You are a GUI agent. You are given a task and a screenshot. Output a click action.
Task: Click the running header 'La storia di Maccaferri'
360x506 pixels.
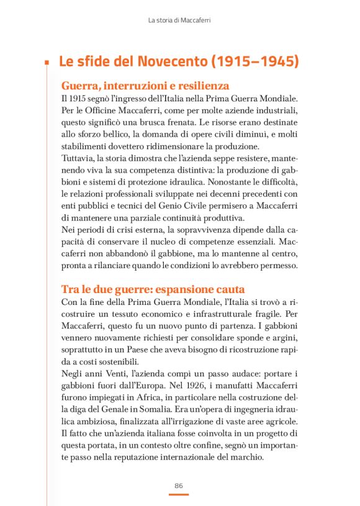click(x=179, y=20)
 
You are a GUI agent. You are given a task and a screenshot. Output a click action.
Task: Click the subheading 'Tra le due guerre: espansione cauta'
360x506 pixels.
click(x=153, y=289)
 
